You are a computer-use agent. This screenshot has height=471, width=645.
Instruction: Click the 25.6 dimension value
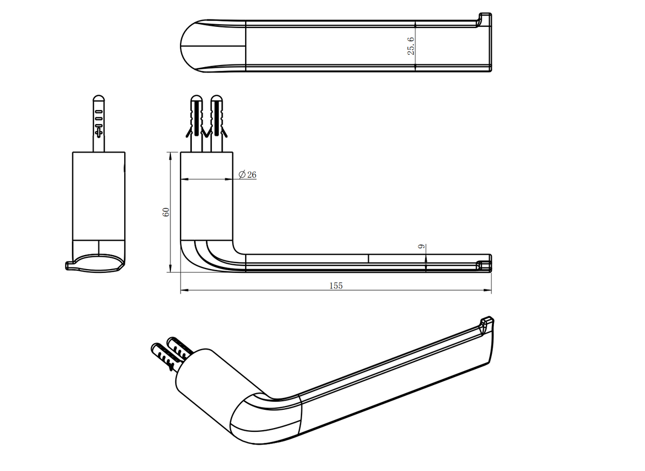click(411, 46)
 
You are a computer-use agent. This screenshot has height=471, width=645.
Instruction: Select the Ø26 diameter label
click(247, 175)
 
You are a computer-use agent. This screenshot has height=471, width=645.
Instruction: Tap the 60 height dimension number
click(166, 212)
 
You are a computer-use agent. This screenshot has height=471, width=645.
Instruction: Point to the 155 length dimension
click(336, 286)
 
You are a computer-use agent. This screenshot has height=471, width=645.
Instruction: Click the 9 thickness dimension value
click(421, 247)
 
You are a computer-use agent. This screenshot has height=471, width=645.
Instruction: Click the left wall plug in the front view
click(196, 124)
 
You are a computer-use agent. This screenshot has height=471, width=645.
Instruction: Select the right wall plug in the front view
click(217, 124)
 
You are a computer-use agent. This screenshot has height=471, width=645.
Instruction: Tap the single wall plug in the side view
click(99, 124)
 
